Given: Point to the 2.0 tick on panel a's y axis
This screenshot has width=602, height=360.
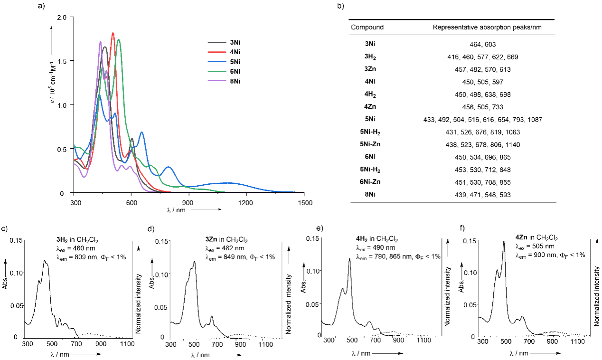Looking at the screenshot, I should (x=63, y=17).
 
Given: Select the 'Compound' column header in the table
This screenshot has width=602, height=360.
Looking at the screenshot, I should (x=367, y=27).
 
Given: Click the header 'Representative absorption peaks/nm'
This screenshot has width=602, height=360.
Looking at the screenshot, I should (x=487, y=27).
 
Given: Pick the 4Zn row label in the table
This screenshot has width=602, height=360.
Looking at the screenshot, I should (x=370, y=107).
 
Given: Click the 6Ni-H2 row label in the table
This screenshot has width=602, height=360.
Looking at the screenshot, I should (x=370, y=170).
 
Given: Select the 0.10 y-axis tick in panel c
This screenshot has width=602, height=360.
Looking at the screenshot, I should (x=17, y=273).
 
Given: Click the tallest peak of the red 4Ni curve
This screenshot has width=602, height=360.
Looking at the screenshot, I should (x=113, y=33).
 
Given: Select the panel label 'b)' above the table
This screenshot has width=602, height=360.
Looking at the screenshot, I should (x=353, y=6).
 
